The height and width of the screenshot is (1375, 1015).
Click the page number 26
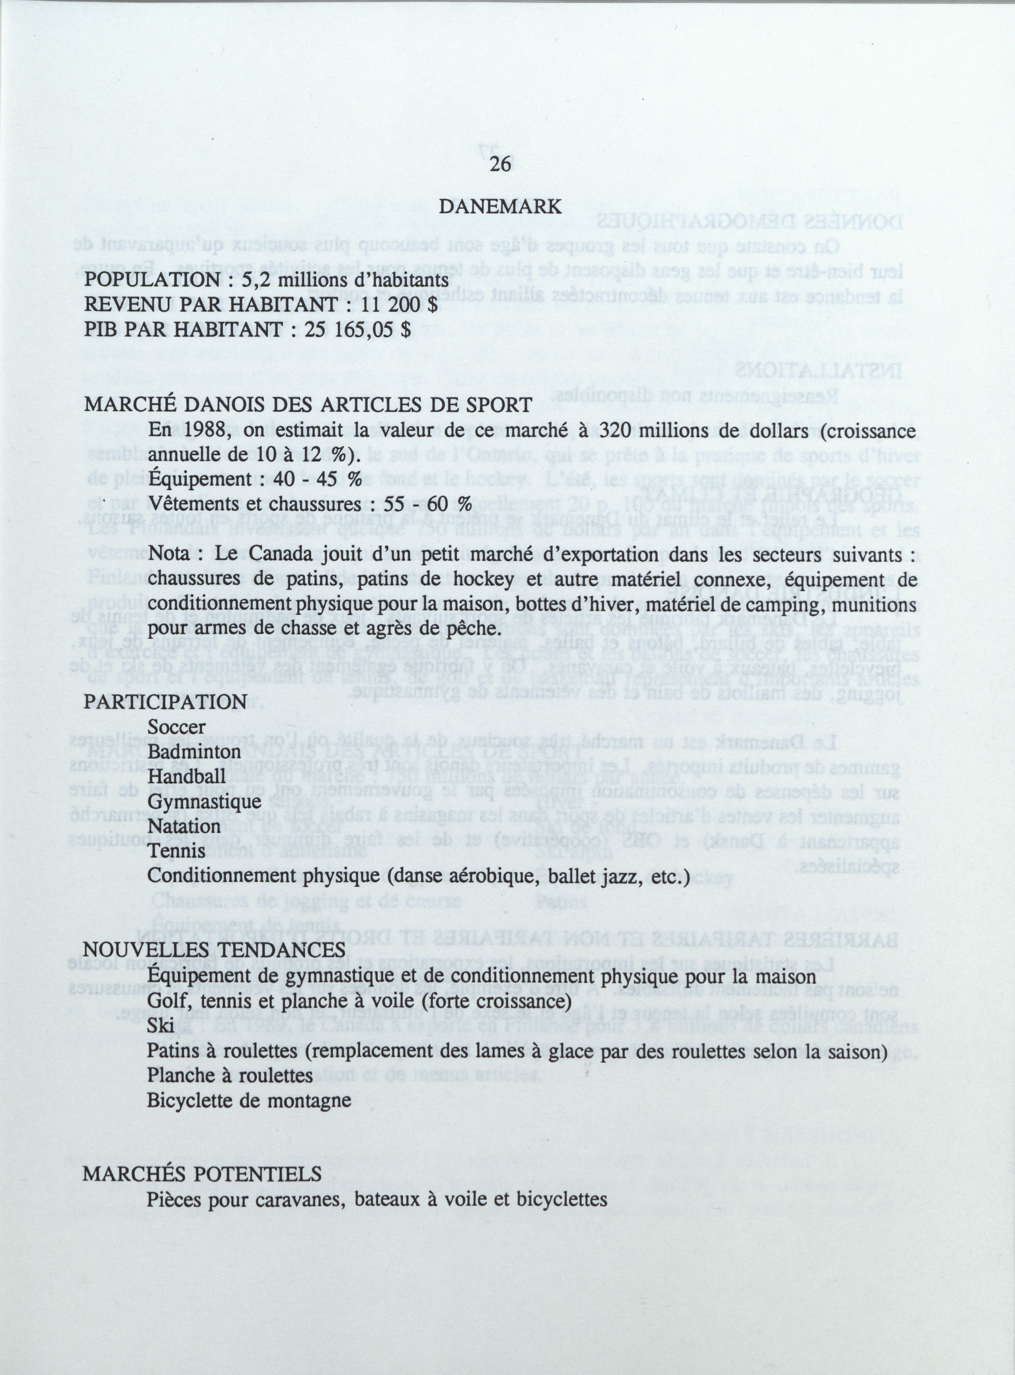coord(500,165)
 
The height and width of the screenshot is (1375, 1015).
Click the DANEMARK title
coord(500,207)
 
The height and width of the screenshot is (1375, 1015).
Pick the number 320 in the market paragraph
coord(616,430)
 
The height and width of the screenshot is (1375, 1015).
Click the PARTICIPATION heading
coord(165,702)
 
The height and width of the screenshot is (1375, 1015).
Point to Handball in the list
coord(178,777)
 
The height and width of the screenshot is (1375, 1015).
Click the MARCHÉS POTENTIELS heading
coord(202,1174)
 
